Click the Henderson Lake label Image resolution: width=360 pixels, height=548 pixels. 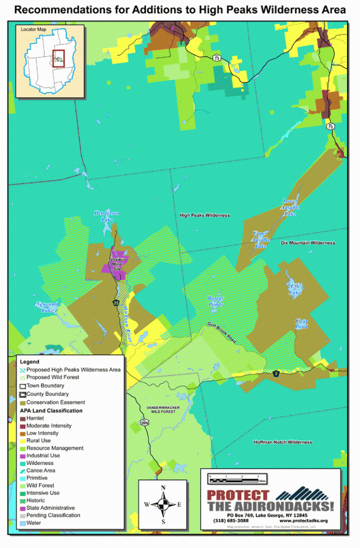107,216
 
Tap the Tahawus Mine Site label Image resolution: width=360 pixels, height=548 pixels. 118,262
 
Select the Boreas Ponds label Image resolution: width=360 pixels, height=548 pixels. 216,301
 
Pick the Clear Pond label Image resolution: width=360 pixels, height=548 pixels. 301,324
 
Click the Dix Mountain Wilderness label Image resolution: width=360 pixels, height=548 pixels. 308,242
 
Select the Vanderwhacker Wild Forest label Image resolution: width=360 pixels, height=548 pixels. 162,410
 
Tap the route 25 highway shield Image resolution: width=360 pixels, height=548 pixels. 116,303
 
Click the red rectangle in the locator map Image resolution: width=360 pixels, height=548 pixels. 58,58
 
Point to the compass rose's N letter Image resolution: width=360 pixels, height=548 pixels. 164,487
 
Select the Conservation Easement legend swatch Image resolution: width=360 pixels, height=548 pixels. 22,402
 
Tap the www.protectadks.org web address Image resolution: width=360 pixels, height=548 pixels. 303,520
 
